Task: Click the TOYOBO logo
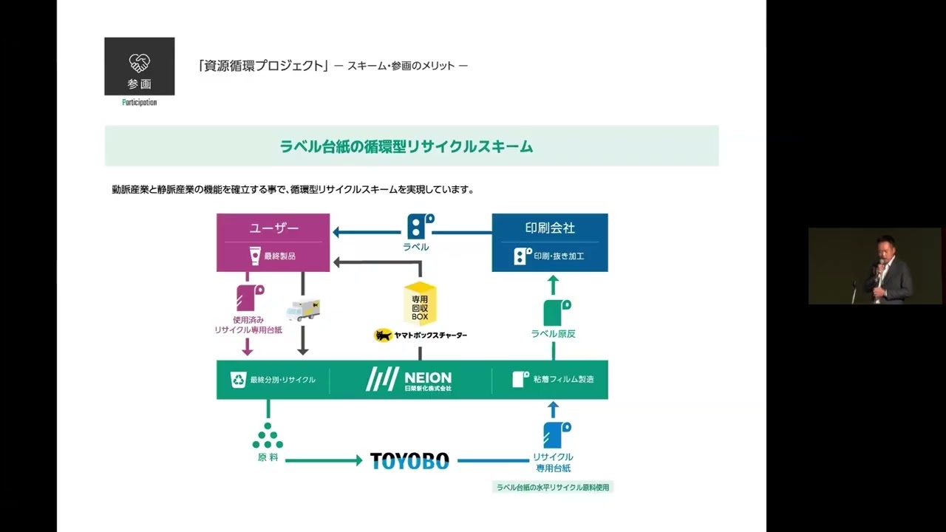409,461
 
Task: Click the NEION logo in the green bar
409,379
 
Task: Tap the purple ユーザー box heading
273,228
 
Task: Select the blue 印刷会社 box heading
550,228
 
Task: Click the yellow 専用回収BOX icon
420,304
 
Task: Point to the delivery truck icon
302,310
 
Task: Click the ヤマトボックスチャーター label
421,335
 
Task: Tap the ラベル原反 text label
553,334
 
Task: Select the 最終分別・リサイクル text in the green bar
282,380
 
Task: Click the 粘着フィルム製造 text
563,380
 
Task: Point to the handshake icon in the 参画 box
140,62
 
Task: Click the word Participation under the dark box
140,103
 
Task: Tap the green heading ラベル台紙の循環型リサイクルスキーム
406,146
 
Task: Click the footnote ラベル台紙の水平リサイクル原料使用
553,487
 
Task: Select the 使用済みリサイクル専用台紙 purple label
248,325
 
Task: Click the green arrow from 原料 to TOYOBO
323,461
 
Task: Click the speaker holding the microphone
885,267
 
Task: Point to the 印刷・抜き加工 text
559,256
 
